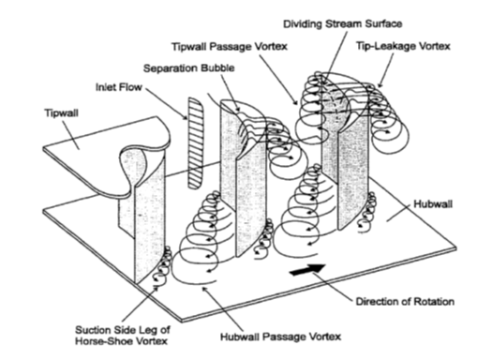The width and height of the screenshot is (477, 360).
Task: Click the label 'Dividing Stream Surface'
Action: [x=342, y=24]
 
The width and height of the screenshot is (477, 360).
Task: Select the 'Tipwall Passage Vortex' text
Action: [x=230, y=47]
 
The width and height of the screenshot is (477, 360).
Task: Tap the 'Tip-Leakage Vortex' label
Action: [x=403, y=46]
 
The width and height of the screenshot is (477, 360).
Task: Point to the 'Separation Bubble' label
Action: [x=189, y=68]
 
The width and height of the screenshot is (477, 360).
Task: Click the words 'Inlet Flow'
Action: [x=119, y=87]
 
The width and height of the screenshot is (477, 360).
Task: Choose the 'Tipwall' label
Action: [x=62, y=112]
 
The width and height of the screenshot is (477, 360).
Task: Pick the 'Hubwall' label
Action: [x=433, y=204]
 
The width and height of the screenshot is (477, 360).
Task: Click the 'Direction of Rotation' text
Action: [x=405, y=302]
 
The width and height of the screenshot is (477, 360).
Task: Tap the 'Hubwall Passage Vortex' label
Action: [x=280, y=337]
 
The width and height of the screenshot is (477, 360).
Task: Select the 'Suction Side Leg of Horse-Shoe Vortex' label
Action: [x=123, y=335]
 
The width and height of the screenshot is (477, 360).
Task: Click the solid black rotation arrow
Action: [x=307, y=270]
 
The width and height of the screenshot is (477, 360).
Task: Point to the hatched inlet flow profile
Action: [x=196, y=143]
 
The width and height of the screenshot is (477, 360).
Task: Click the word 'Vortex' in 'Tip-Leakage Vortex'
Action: [x=435, y=46]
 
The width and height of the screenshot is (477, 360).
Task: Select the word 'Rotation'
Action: [x=434, y=302]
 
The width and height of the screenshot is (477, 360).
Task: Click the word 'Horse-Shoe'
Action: [x=100, y=340]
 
